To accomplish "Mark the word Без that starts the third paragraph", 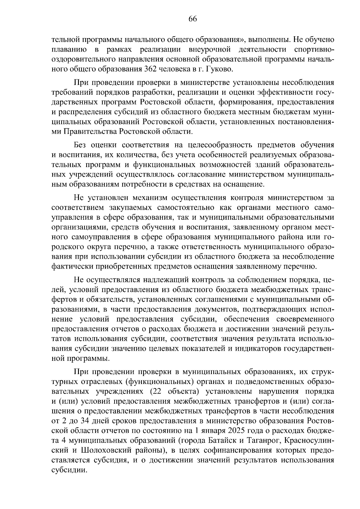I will pos(80,145).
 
